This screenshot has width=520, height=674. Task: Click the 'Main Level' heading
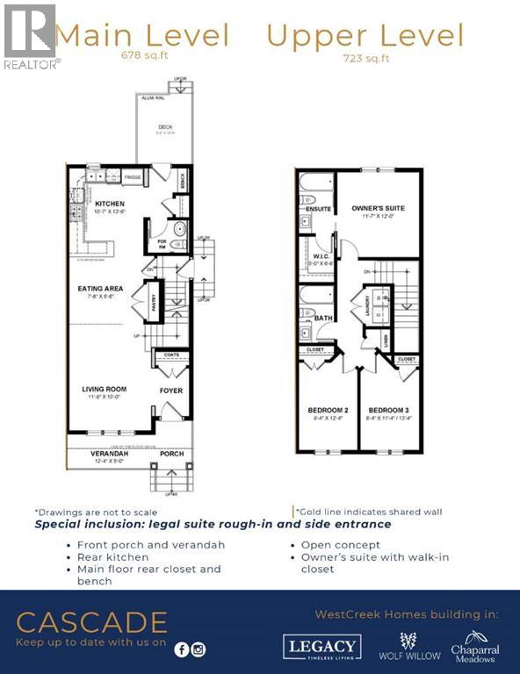(x=142, y=36)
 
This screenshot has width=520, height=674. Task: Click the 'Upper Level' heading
(x=365, y=36)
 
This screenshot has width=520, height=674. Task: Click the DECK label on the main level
(x=165, y=127)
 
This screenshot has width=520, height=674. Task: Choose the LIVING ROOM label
(x=105, y=389)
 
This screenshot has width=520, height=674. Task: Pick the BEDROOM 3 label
(x=388, y=410)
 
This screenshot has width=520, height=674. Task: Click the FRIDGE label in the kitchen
(x=132, y=177)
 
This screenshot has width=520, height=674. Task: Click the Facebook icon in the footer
(x=182, y=649)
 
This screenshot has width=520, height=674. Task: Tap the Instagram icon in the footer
(x=199, y=649)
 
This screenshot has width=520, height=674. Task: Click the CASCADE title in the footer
(x=91, y=622)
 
